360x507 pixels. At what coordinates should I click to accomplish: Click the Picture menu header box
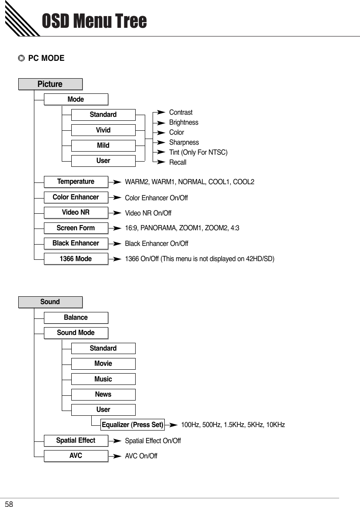pos(50,84)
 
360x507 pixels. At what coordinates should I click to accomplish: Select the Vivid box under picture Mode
pos(103,130)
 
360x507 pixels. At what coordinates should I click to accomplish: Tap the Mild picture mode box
pos(103,146)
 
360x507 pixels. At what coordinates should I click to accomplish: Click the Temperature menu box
pos(76,182)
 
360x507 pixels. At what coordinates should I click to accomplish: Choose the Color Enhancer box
pos(76,197)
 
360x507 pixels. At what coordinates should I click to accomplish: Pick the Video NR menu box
pos(76,212)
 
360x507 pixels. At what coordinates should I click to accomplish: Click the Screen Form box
pos(76,228)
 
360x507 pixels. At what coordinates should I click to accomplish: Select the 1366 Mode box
pos(76,259)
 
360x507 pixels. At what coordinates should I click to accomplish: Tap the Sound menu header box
pos(50,302)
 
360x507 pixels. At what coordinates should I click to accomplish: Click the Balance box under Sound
pos(76,318)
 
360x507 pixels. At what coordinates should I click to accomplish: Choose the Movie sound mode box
pos(103,364)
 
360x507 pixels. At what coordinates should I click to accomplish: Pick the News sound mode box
pos(103,394)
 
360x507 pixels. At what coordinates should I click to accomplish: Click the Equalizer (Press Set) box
pos(132,425)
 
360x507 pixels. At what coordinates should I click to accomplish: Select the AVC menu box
pos(76,456)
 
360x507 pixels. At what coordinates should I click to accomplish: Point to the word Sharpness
pos(184,142)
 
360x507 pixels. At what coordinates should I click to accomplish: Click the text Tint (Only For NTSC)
pos(198,152)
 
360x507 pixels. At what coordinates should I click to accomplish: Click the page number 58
pos(9,504)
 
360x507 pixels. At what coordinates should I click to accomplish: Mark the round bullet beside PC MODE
pos(21,58)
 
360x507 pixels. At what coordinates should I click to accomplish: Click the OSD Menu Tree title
pos(94,21)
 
